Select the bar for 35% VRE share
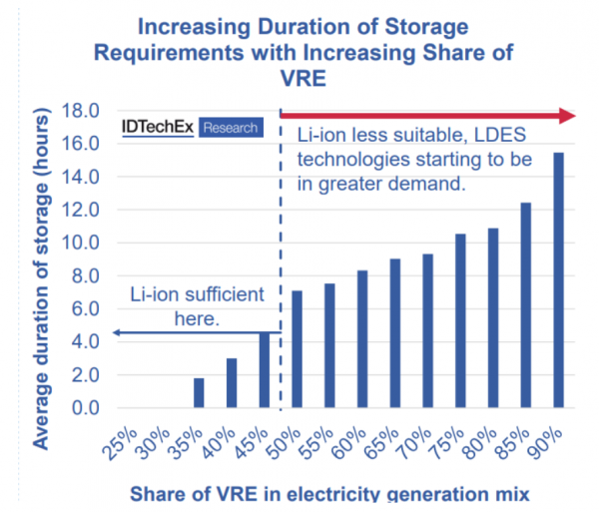199,393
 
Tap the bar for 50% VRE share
297,349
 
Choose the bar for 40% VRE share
232,383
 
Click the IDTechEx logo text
157,127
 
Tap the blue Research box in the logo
231,128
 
